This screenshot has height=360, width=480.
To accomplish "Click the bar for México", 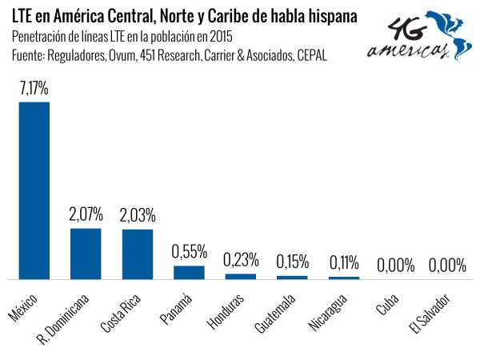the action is (x=34, y=190).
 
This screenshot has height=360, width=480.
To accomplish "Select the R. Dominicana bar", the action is (x=86, y=254).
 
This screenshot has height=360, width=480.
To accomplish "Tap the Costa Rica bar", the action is (x=138, y=254).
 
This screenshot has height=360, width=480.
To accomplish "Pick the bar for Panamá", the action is (x=189, y=273).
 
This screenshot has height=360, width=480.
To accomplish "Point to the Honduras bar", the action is (x=241, y=277).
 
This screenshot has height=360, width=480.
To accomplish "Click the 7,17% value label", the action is (x=34, y=89).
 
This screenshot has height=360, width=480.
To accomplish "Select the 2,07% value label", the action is (x=86, y=214).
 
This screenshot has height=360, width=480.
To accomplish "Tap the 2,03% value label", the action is (x=138, y=215).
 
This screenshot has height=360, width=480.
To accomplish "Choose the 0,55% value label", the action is (x=189, y=252).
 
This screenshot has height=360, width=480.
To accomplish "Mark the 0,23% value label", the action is (x=241, y=259).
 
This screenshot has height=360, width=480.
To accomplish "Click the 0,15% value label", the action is (x=293, y=262).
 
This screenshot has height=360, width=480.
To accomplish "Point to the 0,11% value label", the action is (x=344, y=262).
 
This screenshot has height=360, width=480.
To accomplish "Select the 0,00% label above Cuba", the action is (x=395, y=265).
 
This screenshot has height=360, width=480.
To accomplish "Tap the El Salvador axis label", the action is (x=430, y=314).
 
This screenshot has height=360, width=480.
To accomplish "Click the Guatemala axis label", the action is (x=275, y=314).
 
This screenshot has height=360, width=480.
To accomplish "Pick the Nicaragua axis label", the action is (x=327, y=313).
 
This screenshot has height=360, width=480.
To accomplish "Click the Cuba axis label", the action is (x=387, y=304).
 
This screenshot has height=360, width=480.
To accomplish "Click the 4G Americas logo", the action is (x=419, y=35).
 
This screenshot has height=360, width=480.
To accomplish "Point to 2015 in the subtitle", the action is (x=221, y=37).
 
